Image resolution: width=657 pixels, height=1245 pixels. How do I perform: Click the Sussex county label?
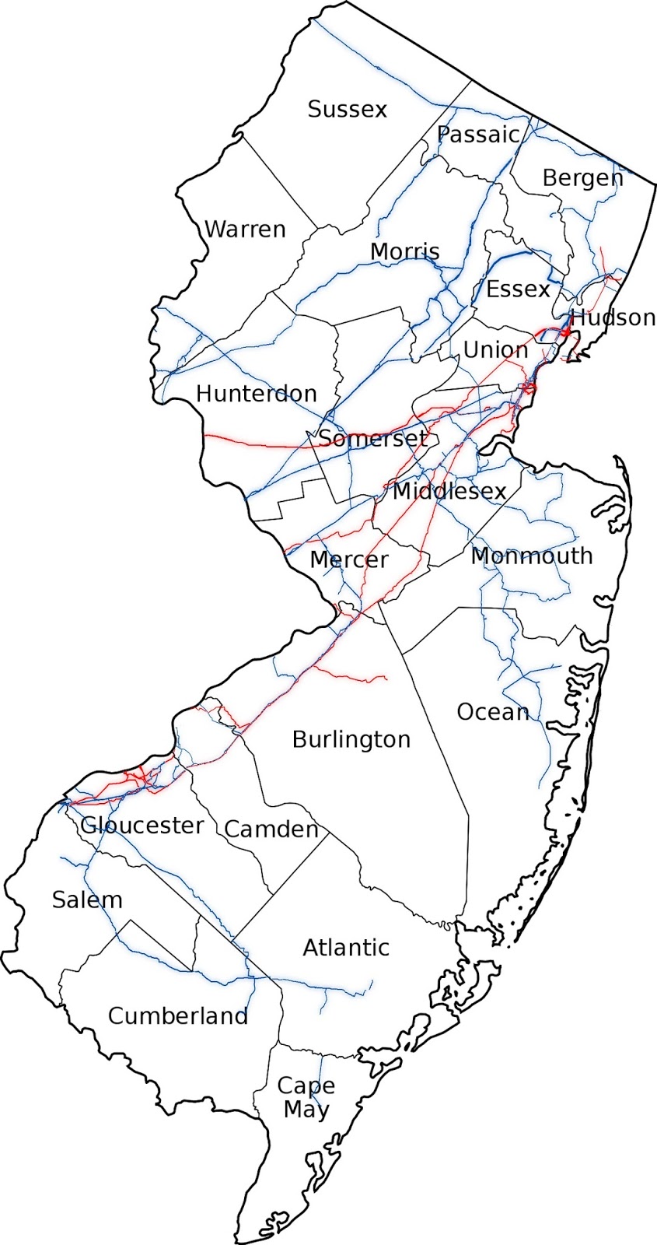(x=347, y=109)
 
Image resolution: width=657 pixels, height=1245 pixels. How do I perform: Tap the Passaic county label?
(x=477, y=135)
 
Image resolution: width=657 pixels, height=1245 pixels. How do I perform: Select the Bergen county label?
(x=582, y=178)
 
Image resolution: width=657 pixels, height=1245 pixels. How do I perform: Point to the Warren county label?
(x=245, y=230)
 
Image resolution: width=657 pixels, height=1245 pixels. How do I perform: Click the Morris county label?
(x=404, y=251)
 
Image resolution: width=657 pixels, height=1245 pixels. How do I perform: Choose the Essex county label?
(x=518, y=289)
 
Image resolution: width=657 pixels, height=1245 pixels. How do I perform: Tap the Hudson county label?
(x=613, y=317)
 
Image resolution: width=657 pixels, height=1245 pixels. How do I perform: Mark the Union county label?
(x=495, y=350)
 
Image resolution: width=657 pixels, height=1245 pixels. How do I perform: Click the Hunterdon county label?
(x=256, y=394)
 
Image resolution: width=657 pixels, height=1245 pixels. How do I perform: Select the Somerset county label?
(x=372, y=438)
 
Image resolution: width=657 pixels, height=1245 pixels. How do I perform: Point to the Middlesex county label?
(x=449, y=491)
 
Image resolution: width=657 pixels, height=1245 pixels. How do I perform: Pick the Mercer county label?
(x=348, y=559)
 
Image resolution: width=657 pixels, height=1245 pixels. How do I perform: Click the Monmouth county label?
(x=532, y=556)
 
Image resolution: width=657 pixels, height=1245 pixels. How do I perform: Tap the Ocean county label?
(x=493, y=712)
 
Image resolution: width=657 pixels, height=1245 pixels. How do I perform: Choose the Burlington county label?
(x=351, y=739)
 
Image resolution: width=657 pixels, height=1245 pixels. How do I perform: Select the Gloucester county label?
(x=142, y=825)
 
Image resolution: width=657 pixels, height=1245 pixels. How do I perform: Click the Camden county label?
(x=271, y=829)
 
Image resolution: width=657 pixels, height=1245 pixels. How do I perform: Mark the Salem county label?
(x=87, y=900)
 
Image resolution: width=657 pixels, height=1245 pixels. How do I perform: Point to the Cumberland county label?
(x=177, y=1016)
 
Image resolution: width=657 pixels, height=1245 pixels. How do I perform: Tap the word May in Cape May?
(x=306, y=1110)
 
